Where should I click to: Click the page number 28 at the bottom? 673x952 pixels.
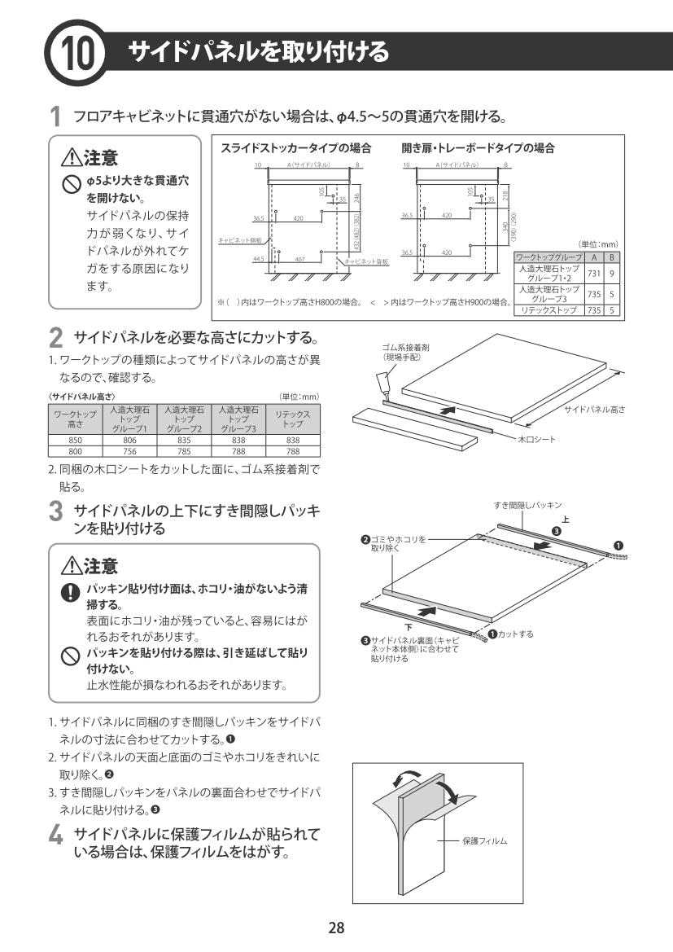[336, 927]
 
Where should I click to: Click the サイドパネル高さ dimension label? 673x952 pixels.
[594, 409]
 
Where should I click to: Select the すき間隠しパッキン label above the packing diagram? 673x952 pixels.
[527, 507]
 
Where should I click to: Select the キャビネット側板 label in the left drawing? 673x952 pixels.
[232, 241]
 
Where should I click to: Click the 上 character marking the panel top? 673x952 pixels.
[566, 520]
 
